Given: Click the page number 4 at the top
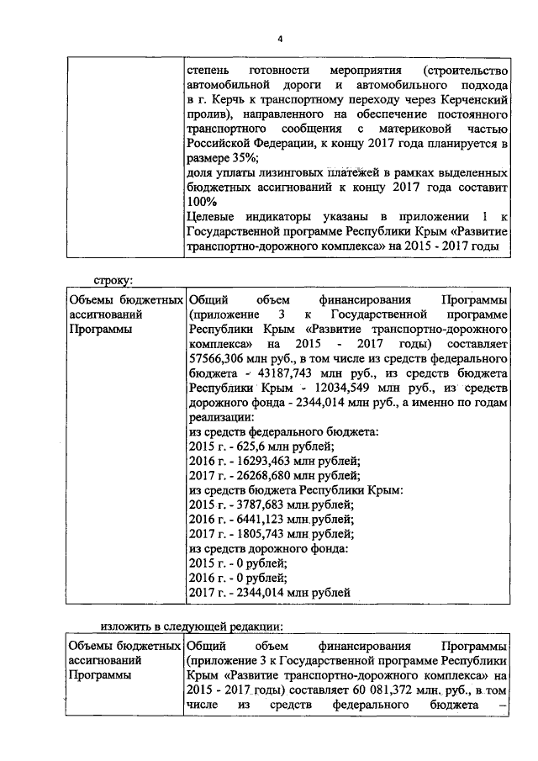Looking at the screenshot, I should point(280,39).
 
